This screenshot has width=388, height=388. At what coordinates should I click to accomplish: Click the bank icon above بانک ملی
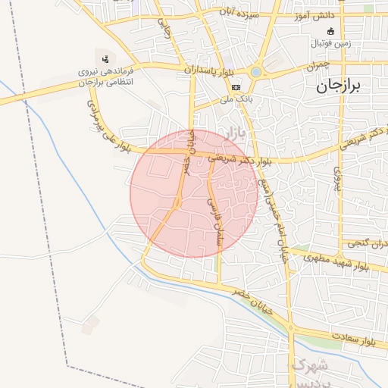(235, 87)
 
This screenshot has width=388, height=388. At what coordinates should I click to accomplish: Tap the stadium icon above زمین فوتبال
(330, 32)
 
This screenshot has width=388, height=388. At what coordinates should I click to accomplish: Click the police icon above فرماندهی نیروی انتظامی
(105, 58)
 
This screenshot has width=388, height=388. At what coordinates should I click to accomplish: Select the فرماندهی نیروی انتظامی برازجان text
(105, 76)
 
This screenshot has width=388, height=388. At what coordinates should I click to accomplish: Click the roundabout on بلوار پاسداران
(256, 72)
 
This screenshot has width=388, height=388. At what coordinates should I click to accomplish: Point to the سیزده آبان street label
(239, 13)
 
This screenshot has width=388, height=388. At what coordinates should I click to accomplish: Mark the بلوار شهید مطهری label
(336, 262)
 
